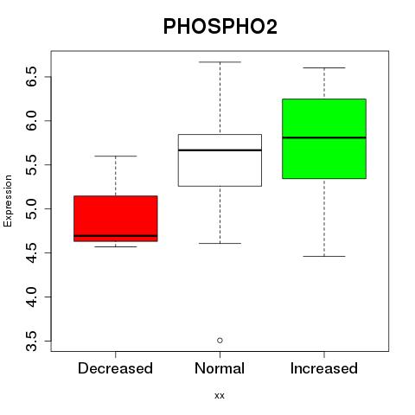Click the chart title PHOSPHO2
220,27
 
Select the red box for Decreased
116,219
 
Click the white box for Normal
220,160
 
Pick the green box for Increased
324,138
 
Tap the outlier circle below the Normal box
220,341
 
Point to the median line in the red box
116,236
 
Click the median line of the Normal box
220,150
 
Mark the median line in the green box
324,137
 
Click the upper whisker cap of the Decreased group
116,156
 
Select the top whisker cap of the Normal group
220,62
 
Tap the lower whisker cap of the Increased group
324,256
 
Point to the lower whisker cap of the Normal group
220,244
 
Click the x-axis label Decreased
115,368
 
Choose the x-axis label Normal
220,368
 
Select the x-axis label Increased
324,368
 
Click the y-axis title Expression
8,201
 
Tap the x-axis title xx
220,396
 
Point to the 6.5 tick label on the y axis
31,76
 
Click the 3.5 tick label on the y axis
31,341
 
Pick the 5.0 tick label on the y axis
31,208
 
